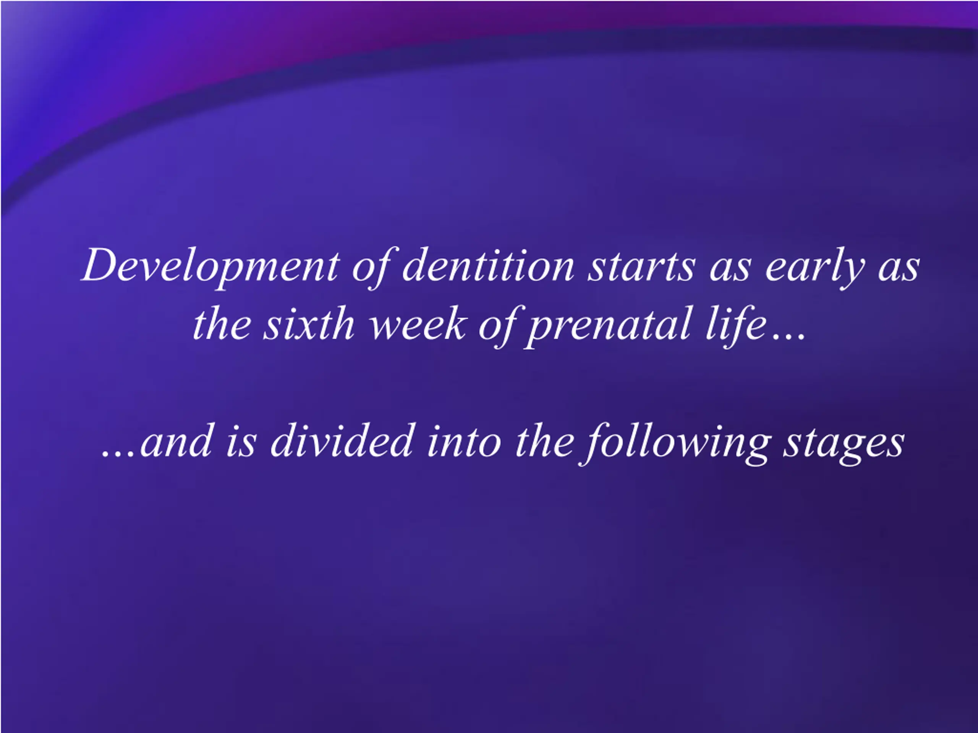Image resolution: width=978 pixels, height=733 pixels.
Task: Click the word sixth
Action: coord(309,323)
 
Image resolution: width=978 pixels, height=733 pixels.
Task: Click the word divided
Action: coord(341,440)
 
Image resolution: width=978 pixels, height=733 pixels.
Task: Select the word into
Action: coord(464,440)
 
